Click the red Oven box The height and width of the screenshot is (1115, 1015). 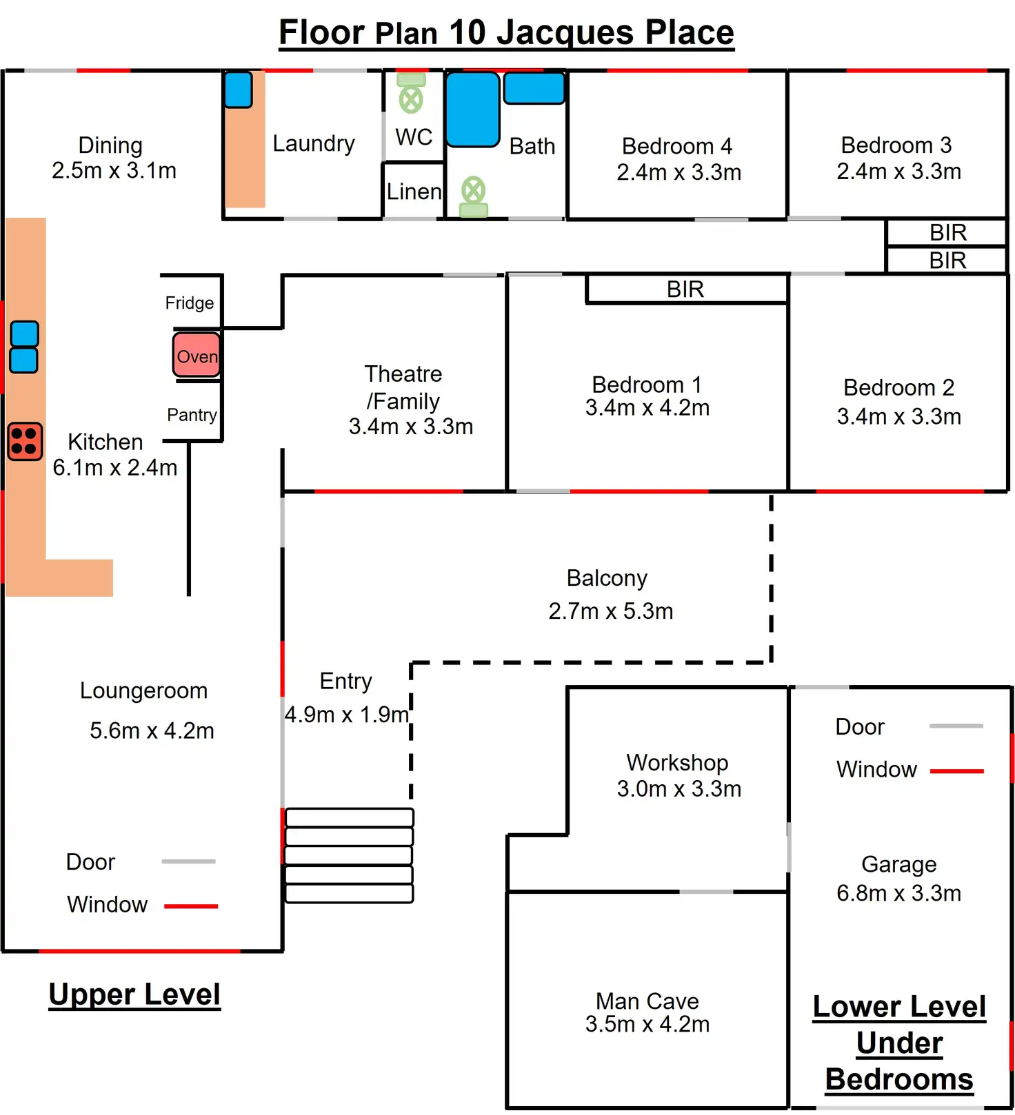197,355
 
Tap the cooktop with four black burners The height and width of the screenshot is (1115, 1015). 25,442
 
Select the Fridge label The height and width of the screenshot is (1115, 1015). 189,303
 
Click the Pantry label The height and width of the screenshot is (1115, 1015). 192,415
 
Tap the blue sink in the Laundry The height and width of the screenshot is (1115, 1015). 239,90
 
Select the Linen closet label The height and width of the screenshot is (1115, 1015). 414,192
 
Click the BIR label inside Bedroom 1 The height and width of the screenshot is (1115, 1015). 685,289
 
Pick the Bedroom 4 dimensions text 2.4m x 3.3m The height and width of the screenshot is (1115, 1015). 679,172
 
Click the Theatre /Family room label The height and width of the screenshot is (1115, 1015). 403,387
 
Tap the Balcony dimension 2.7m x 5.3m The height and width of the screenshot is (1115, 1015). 610,611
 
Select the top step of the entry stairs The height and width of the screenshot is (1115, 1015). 349,817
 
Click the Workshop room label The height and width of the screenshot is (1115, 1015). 677,763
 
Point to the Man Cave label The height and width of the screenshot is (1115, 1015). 647,1001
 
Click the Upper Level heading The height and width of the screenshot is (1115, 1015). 134,994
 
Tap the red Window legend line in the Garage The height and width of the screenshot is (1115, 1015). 956,771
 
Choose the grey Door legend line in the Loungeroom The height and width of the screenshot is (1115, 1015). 188,861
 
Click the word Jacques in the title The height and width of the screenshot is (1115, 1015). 565,32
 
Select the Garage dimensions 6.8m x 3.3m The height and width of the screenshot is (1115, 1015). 898,893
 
